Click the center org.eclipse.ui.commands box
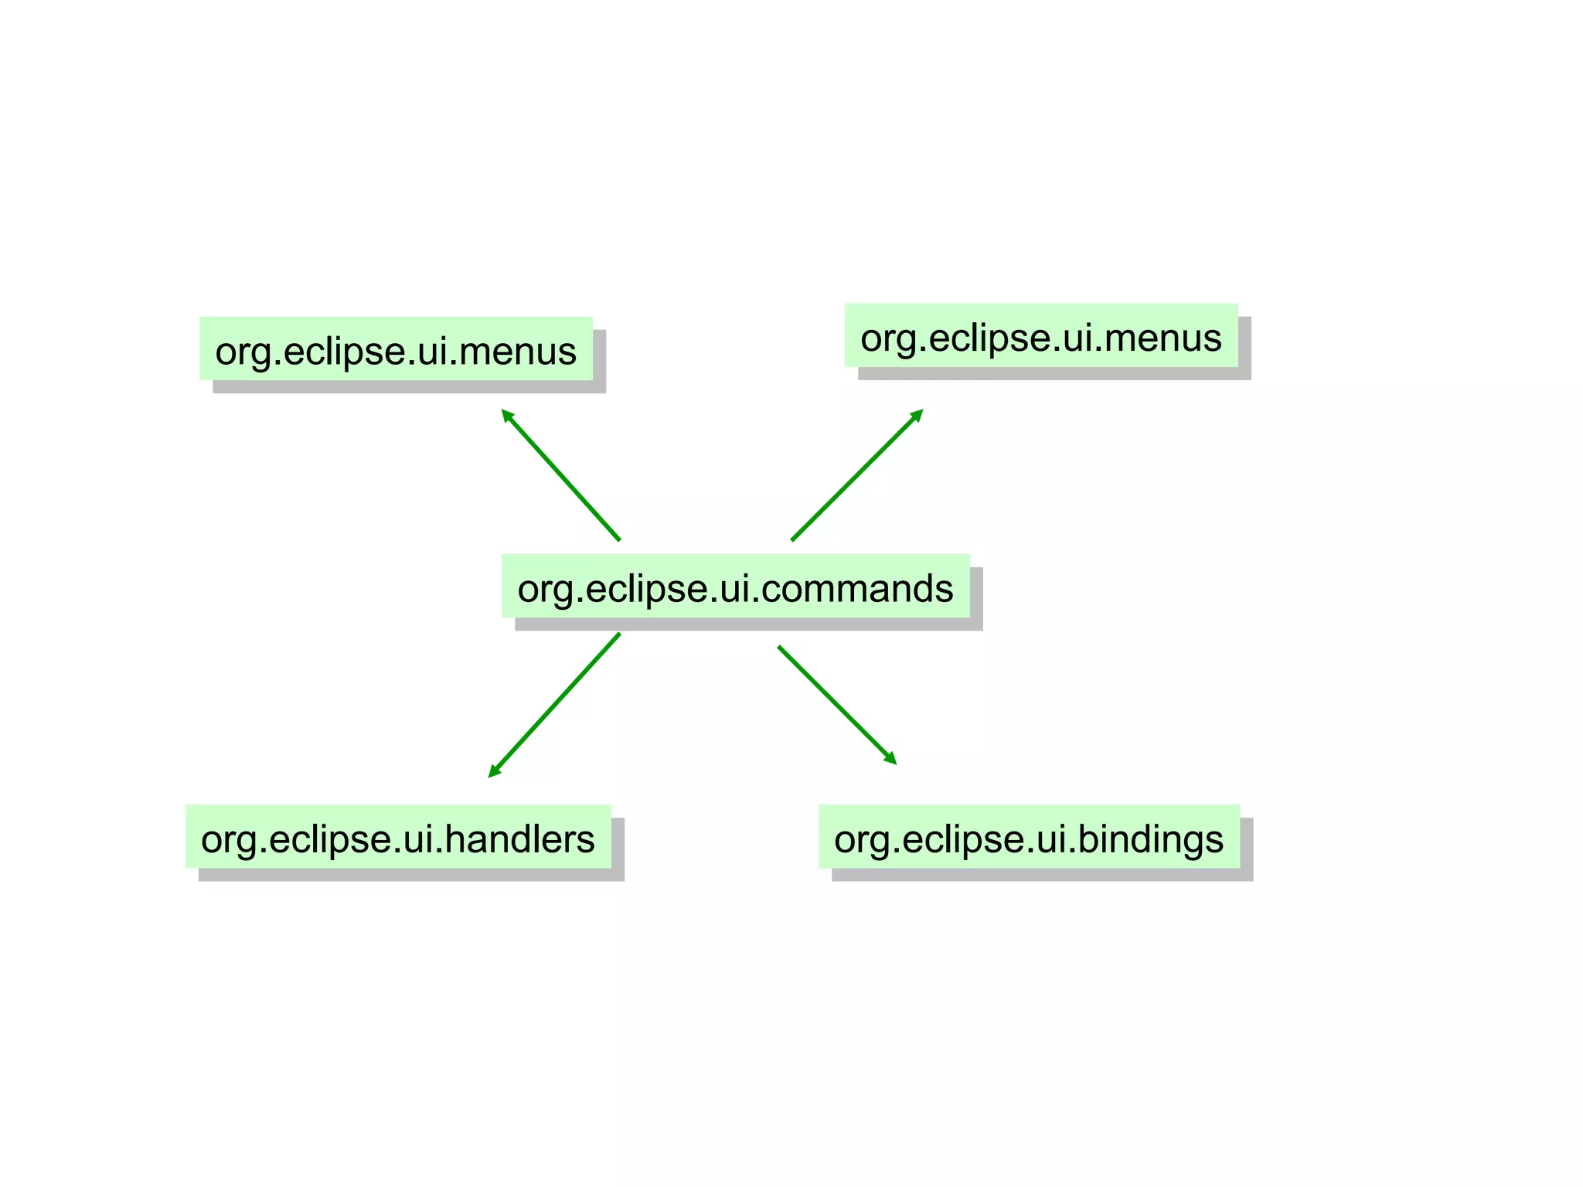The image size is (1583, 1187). [735, 586]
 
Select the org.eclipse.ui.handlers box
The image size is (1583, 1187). [398, 836]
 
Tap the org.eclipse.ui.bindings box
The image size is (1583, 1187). [1029, 836]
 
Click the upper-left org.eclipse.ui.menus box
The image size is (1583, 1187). [396, 349]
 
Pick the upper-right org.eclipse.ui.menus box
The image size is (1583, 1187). [1040, 335]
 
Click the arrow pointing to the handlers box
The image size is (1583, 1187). [555, 704]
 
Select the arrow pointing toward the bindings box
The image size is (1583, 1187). [836, 705]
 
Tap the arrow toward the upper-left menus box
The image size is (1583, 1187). [560, 474]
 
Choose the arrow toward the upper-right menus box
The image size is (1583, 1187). [856, 475]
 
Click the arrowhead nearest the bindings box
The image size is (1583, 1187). [890, 758]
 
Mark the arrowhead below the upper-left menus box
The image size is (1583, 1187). [508, 417]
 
